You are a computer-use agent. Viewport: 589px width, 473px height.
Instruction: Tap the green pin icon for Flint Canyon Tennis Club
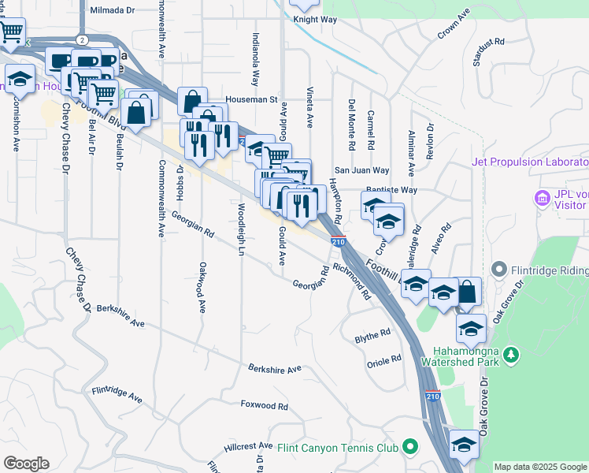coord(409,448)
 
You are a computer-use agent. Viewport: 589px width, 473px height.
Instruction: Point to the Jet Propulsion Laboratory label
coord(529,162)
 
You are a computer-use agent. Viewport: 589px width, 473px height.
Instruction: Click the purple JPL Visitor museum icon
coord(541,196)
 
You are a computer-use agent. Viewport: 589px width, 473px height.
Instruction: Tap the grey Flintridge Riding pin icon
coord(498,270)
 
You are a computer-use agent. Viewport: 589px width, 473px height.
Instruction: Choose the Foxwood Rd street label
coord(265,405)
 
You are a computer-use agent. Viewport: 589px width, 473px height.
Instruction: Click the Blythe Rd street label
coord(372,334)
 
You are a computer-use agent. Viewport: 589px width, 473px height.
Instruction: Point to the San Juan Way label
coord(361,170)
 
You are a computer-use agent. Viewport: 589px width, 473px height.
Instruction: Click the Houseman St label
coord(252,100)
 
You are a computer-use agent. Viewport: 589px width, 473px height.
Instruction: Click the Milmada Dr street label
coord(114,11)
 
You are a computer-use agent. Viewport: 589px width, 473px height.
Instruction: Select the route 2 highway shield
coord(82,39)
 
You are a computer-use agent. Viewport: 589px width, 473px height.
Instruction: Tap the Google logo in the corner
coord(26,464)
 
